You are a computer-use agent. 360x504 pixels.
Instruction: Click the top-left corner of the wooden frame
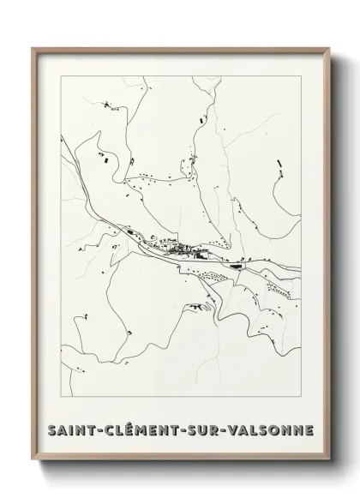(x=33, y=48)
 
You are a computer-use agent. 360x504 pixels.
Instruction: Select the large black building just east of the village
(x=201, y=254)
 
